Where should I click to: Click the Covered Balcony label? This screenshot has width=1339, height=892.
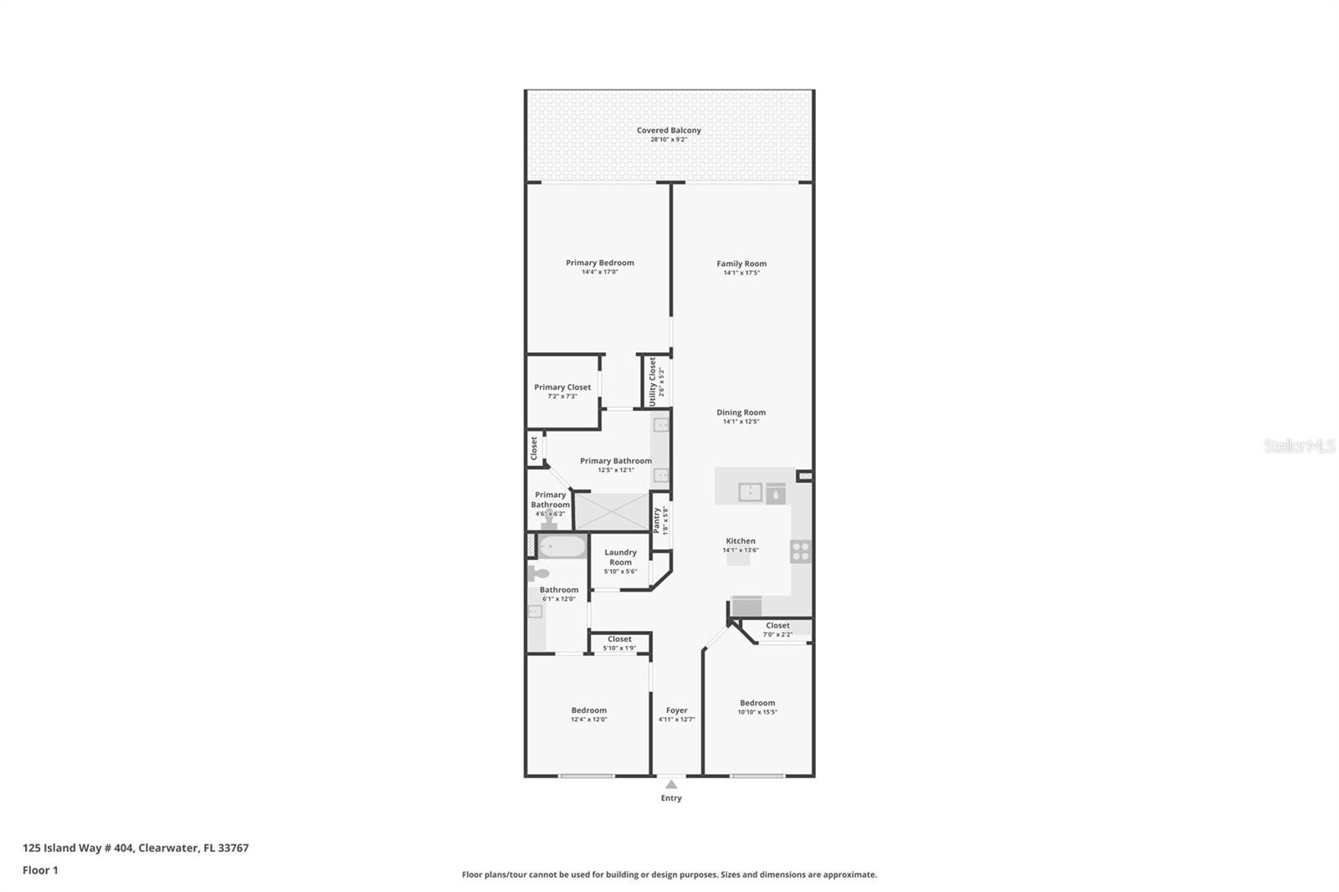tap(669, 131)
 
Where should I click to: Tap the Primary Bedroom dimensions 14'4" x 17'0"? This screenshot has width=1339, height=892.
tap(599, 272)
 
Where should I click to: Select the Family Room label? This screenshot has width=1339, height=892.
tap(741, 264)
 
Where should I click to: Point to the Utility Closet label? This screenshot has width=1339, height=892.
tap(653, 382)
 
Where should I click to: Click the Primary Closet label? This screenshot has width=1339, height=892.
tap(562, 387)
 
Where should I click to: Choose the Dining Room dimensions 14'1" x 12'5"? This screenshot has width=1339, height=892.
tap(741, 422)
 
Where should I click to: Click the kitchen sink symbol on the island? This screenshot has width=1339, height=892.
tap(751, 492)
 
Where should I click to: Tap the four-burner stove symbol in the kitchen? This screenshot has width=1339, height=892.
tap(801, 551)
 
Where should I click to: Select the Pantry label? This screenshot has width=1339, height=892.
tap(657, 519)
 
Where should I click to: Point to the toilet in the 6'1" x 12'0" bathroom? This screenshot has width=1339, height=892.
tap(538, 574)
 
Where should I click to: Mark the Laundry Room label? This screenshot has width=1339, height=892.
tap(620, 557)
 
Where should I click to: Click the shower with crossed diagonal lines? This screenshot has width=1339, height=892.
tap(612, 511)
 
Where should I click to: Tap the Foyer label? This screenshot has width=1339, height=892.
tap(676, 710)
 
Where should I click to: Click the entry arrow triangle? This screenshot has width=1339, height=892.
tap(671, 785)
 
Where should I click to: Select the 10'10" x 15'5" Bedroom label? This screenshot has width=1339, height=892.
tap(757, 703)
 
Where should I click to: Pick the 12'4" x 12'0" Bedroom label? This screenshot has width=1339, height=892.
tap(589, 710)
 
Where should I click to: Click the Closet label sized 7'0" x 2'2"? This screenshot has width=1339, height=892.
tap(777, 626)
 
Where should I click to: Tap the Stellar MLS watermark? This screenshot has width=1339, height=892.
tap(1299, 447)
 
